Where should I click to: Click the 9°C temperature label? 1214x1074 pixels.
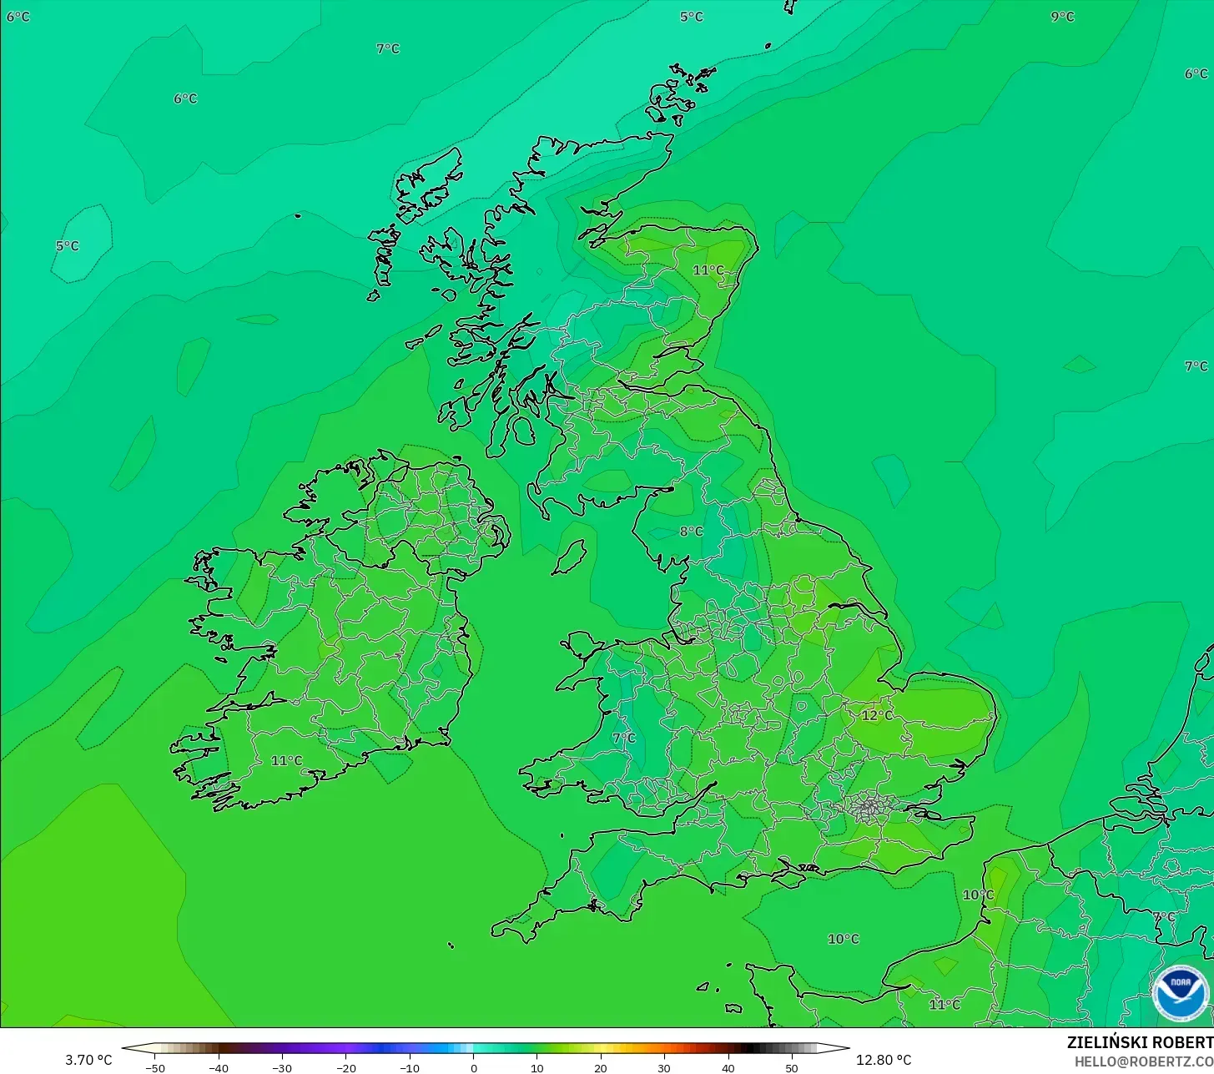(1062, 17)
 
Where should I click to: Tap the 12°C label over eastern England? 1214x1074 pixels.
(877, 715)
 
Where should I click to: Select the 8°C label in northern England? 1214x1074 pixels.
(691, 532)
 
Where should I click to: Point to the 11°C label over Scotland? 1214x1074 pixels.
(708, 270)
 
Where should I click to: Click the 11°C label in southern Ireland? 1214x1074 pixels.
(286, 760)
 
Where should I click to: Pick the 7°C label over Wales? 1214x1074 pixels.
(623, 738)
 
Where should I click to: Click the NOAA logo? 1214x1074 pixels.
(1180, 993)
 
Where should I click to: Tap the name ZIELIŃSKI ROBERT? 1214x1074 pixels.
(1140, 1042)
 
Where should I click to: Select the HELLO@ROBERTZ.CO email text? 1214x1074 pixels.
(1143, 1061)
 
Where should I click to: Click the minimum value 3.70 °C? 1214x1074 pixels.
(88, 1060)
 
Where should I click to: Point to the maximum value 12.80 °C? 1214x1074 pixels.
(884, 1060)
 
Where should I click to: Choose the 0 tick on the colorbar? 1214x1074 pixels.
(473, 1067)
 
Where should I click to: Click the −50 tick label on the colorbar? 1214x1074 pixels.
(154, 1067)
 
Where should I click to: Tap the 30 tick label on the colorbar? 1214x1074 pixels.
(664, 1067)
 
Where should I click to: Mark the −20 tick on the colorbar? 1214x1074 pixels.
(345, 1067)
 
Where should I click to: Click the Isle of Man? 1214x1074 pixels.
(571, 557)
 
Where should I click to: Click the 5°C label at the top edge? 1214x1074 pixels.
(691, 17)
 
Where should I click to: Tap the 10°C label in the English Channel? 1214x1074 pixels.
(843, 939)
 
